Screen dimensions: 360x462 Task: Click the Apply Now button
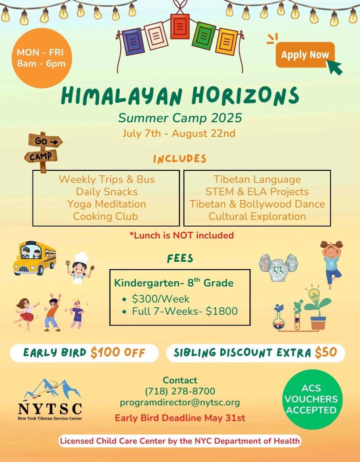305,55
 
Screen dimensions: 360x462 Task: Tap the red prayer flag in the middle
179,26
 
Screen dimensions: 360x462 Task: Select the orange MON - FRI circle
42,58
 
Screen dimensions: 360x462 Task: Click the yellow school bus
34,258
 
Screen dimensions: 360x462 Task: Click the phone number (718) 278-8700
180,391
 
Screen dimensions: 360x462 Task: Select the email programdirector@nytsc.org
179,403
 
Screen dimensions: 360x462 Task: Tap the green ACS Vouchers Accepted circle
311,399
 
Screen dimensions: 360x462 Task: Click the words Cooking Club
105,216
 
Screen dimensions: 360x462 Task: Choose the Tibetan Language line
257,179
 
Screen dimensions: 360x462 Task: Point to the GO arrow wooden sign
45,141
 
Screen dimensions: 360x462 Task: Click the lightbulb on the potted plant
314,295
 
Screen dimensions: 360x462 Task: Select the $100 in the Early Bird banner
105,353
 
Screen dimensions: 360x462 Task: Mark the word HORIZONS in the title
245,96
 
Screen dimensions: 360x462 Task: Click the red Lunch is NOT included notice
181,235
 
